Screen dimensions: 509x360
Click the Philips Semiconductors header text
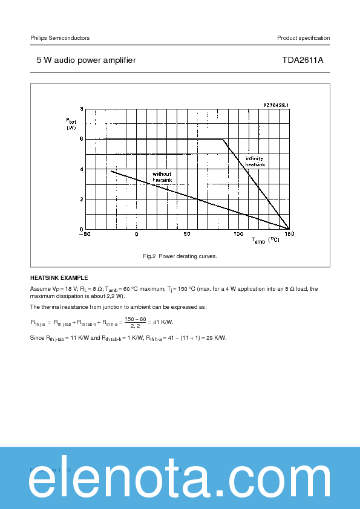pos(60,38)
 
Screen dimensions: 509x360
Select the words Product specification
pos(303,38)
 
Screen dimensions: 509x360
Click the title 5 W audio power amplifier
pos(86,60)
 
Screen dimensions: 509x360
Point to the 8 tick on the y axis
pos(80,109)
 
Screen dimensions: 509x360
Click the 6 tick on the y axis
pos(80,139)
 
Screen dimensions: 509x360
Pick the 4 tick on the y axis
pos(80,169)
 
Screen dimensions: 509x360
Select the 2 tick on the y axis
pos(80,199)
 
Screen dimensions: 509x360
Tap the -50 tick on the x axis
pos(84,234)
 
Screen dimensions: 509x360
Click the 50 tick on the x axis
pos(187,234)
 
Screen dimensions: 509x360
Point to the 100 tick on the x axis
pos(238,234)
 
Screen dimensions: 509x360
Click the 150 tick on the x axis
pos(289,234)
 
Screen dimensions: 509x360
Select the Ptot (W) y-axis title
pos(71,124)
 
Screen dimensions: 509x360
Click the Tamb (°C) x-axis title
pos(266,241)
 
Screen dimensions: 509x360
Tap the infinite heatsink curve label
pos(255,161)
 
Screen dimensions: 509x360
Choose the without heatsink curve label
pos(162,177)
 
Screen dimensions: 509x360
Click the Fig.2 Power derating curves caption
pos(180,256)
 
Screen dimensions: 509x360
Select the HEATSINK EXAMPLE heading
pos(59,278)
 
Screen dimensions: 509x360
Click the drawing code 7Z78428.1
pos(276,105)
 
